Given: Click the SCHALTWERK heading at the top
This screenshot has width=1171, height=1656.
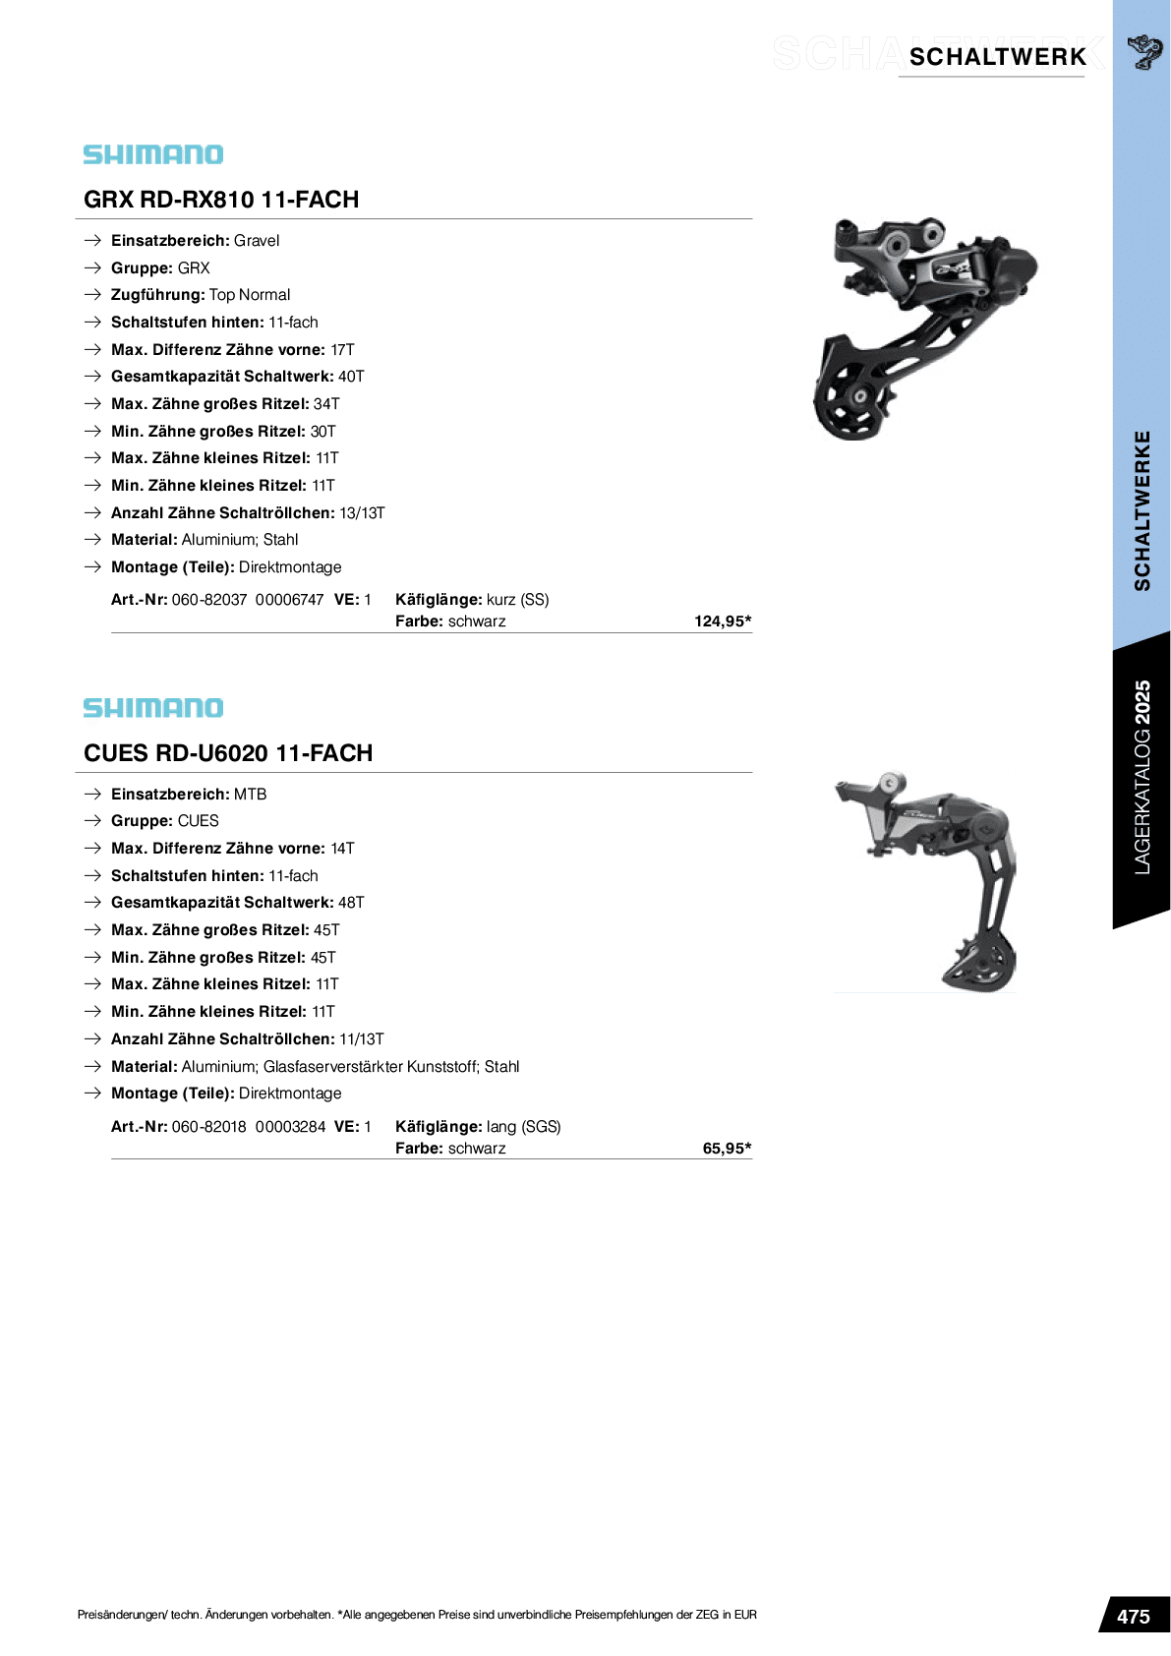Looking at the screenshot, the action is [997, 57].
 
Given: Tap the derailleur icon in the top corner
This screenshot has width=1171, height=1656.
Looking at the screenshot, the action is [1144, 52].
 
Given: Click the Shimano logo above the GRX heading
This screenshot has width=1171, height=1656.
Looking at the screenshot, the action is [153, 154].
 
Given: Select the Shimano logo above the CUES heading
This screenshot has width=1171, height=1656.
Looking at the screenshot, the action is [153, 707].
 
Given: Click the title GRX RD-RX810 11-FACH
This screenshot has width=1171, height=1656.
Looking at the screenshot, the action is [221, 199].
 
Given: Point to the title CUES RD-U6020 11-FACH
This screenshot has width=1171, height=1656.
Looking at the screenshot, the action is [228, 752].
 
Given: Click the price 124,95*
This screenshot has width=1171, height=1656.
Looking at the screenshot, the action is [723, 621].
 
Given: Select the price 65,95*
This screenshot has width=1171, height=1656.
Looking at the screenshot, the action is [727, 1149].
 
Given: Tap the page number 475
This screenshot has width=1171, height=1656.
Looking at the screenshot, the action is [1134, 1617].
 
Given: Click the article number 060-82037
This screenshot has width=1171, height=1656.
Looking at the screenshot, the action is [209, 600].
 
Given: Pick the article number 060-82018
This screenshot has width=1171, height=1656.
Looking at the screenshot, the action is [209, 1127].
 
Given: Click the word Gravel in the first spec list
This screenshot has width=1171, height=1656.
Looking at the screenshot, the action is [257, 240].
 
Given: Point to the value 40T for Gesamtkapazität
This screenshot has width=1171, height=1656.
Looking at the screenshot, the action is [351, 377].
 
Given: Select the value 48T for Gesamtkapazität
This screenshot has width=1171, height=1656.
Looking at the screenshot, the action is [351, 902].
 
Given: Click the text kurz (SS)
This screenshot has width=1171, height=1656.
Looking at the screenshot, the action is [517, 600].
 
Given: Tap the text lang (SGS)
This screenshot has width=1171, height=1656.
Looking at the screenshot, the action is [523, 1127].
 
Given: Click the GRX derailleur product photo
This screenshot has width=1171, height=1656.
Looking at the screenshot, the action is [925, 329].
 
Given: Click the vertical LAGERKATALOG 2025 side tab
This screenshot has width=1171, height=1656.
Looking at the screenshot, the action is [1142, 777].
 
